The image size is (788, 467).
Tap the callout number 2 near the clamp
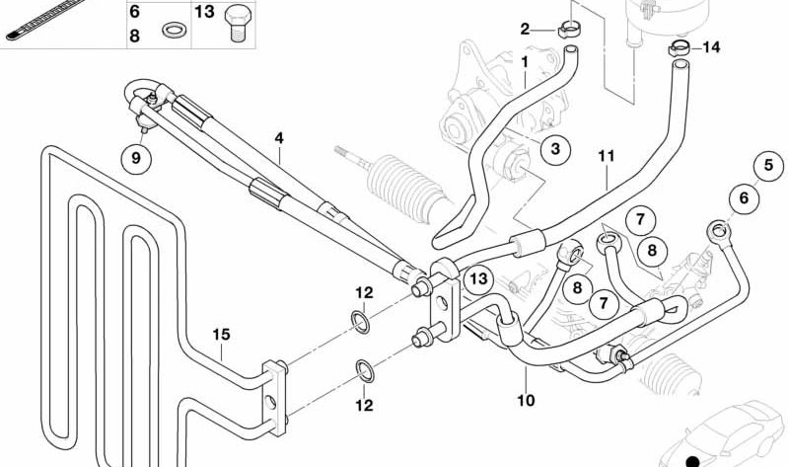pos(526,29)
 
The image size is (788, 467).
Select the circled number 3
pos(555,149)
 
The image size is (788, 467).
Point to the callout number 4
pos(279,139)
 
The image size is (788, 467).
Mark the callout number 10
pos(525,401)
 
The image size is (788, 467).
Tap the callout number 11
pos(606,156)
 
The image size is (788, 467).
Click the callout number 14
pos(712,46)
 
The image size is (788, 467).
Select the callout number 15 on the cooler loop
pos(222,335)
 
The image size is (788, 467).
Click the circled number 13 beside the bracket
pos(478,279)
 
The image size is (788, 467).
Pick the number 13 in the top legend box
pos(204,12)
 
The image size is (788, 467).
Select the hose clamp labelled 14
pos(678,45)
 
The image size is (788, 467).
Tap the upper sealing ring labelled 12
pos(362,322)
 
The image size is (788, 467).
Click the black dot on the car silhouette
pos(692,460)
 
